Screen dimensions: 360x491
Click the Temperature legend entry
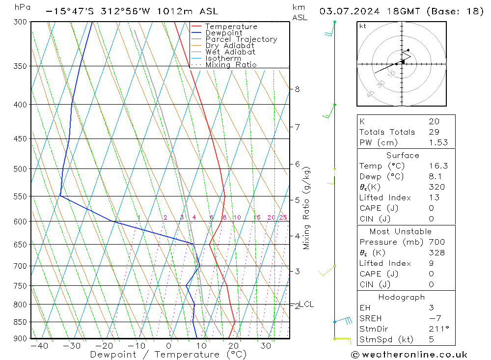[x=231, y=27]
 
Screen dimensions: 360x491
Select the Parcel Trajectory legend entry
[x=241, y=39]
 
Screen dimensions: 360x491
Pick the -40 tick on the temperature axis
[x=39, y=346]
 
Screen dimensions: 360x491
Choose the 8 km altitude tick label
[x=297, y=89]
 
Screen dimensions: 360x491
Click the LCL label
[x=306, y=304]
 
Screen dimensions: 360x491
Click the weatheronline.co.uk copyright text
[x=409, y=354]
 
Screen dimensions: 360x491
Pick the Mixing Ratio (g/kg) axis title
[x=307, y=208]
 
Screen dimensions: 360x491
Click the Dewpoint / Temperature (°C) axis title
[x=168, y=354]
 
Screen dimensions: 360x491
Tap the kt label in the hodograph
[x=362, y=26]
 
